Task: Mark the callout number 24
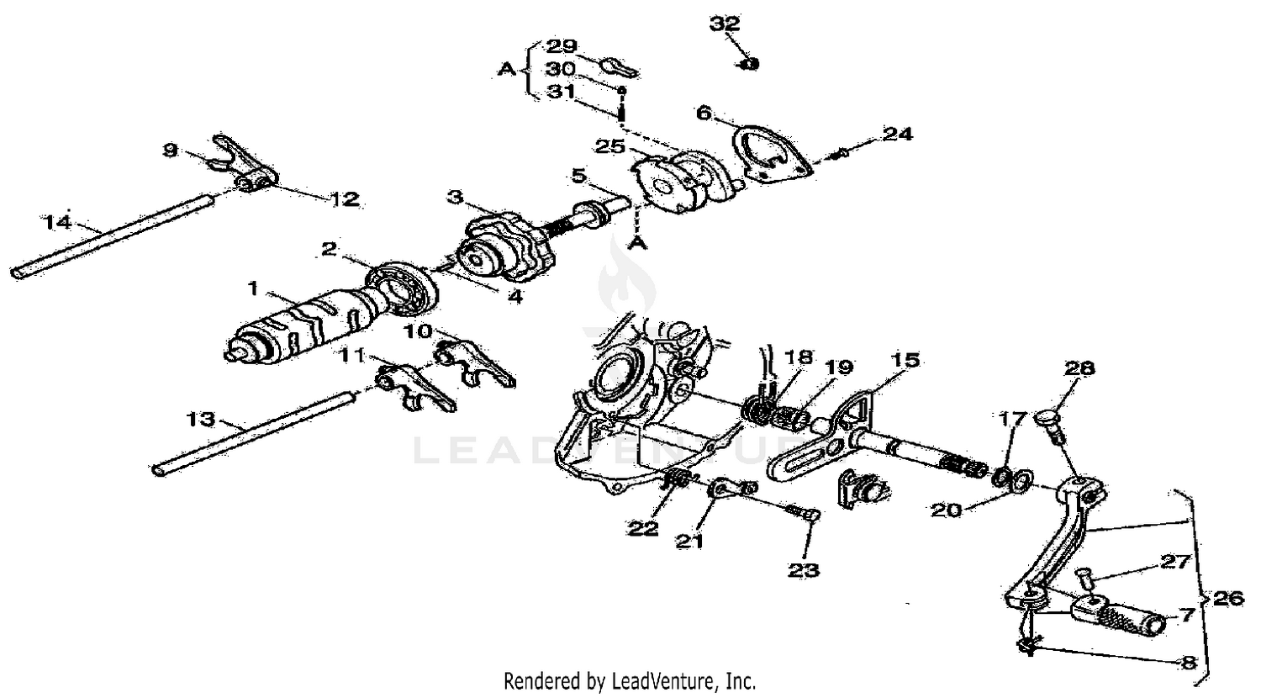pos(897,134)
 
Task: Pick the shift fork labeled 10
pos(475,362)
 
